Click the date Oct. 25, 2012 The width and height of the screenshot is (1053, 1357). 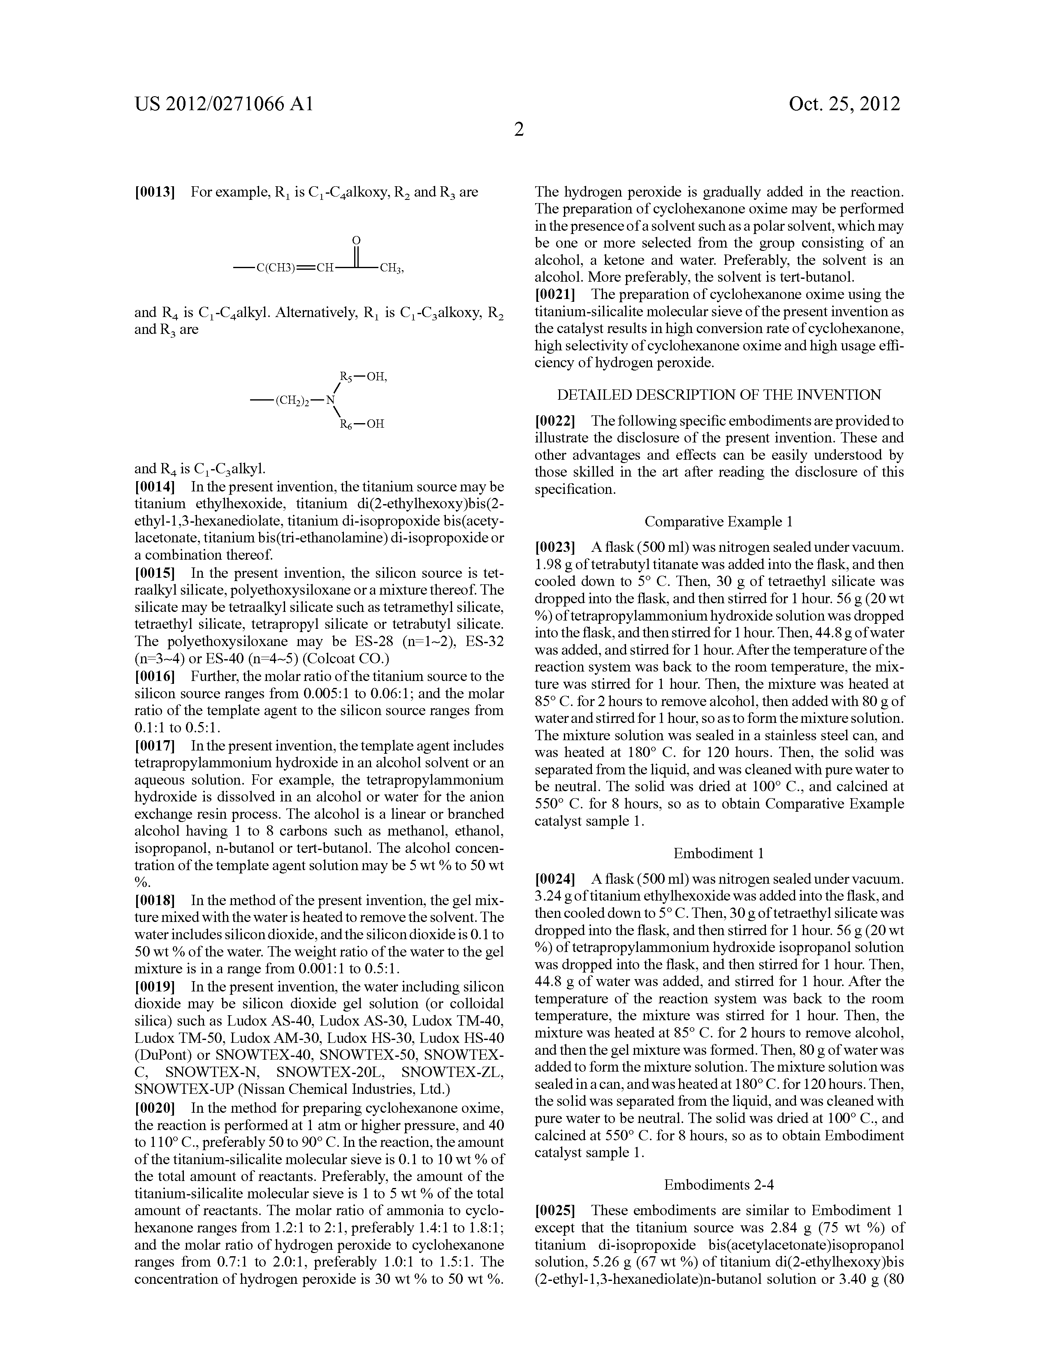[x=844, y=104]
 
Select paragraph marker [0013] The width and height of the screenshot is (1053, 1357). [x=154, y=192]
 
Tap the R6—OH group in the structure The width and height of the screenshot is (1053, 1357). [x=362, y=424]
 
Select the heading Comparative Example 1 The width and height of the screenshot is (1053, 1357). [x=719, y=521]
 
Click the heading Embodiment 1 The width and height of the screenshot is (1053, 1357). [x=719, y=853]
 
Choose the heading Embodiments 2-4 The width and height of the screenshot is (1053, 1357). [x=719, y=1185]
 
